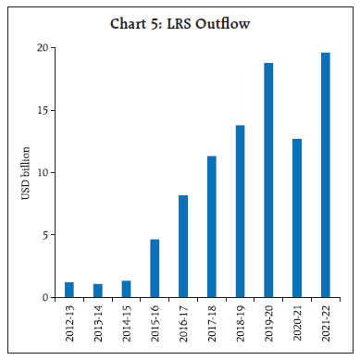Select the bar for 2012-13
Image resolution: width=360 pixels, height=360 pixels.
68,290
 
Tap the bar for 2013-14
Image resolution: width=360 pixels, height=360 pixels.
97,291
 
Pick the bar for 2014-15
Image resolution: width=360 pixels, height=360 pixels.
126,289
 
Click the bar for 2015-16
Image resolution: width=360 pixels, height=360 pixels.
155,268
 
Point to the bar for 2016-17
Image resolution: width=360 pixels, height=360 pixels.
183,246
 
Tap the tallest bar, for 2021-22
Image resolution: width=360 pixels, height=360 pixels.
326,175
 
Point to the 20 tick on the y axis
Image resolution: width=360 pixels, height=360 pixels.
41,47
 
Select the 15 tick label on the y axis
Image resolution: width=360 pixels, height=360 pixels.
41,110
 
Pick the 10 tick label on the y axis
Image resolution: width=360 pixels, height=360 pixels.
41,172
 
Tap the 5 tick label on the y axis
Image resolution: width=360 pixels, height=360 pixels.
43,235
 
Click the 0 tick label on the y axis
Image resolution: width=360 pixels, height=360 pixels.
43,297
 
